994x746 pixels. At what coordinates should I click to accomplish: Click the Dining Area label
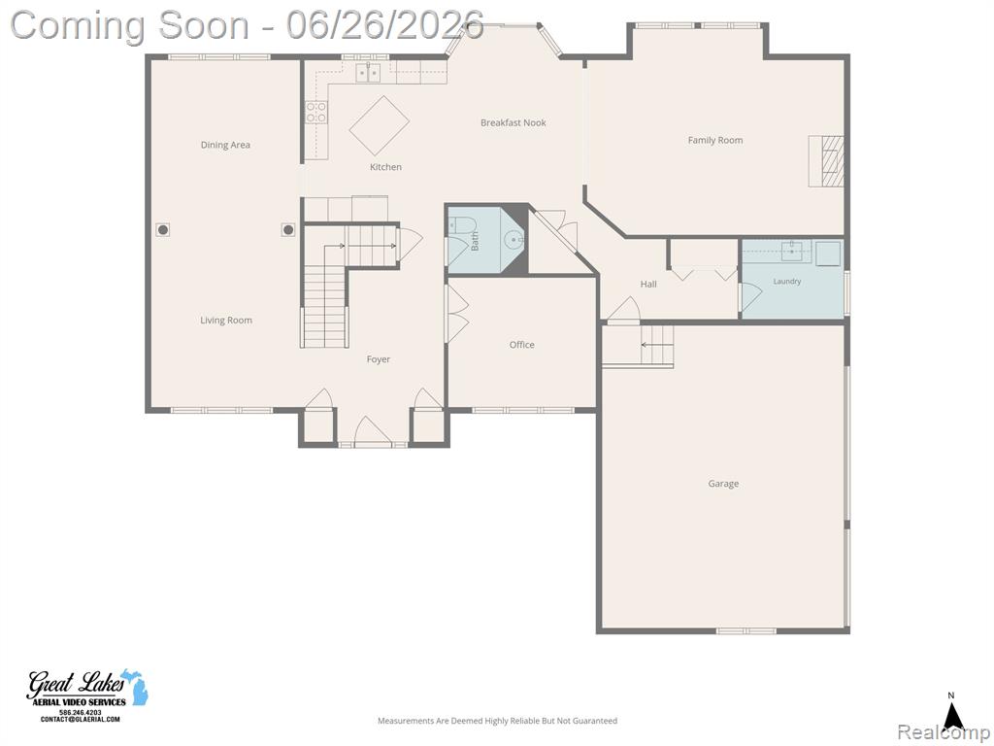[x=225, y=145]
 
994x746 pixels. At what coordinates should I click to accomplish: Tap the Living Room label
[x=225, y=321]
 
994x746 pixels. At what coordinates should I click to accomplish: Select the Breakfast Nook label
[x=513, y=122]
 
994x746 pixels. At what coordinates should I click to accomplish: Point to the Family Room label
[x=715, y=140]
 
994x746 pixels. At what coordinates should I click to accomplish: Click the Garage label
[x=723, y=484]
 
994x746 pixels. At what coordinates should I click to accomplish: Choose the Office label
[x=521, y=345]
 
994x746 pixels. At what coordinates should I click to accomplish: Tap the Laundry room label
[x=786, y=281]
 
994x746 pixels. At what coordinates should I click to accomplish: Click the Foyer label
[x=378, y=359]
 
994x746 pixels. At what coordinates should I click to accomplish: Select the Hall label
[x=647, y=284]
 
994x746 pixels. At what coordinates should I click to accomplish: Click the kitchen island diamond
[x=380, y=125]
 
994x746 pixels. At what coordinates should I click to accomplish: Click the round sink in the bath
[x=514, y=240]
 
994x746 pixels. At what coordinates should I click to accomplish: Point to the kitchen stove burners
[x=316, y=113]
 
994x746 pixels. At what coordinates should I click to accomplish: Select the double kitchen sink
[x=368, y=74]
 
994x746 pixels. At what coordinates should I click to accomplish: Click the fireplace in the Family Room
[x=826, y=161]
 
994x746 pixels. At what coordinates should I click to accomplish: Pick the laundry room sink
[x=792, y=251]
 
